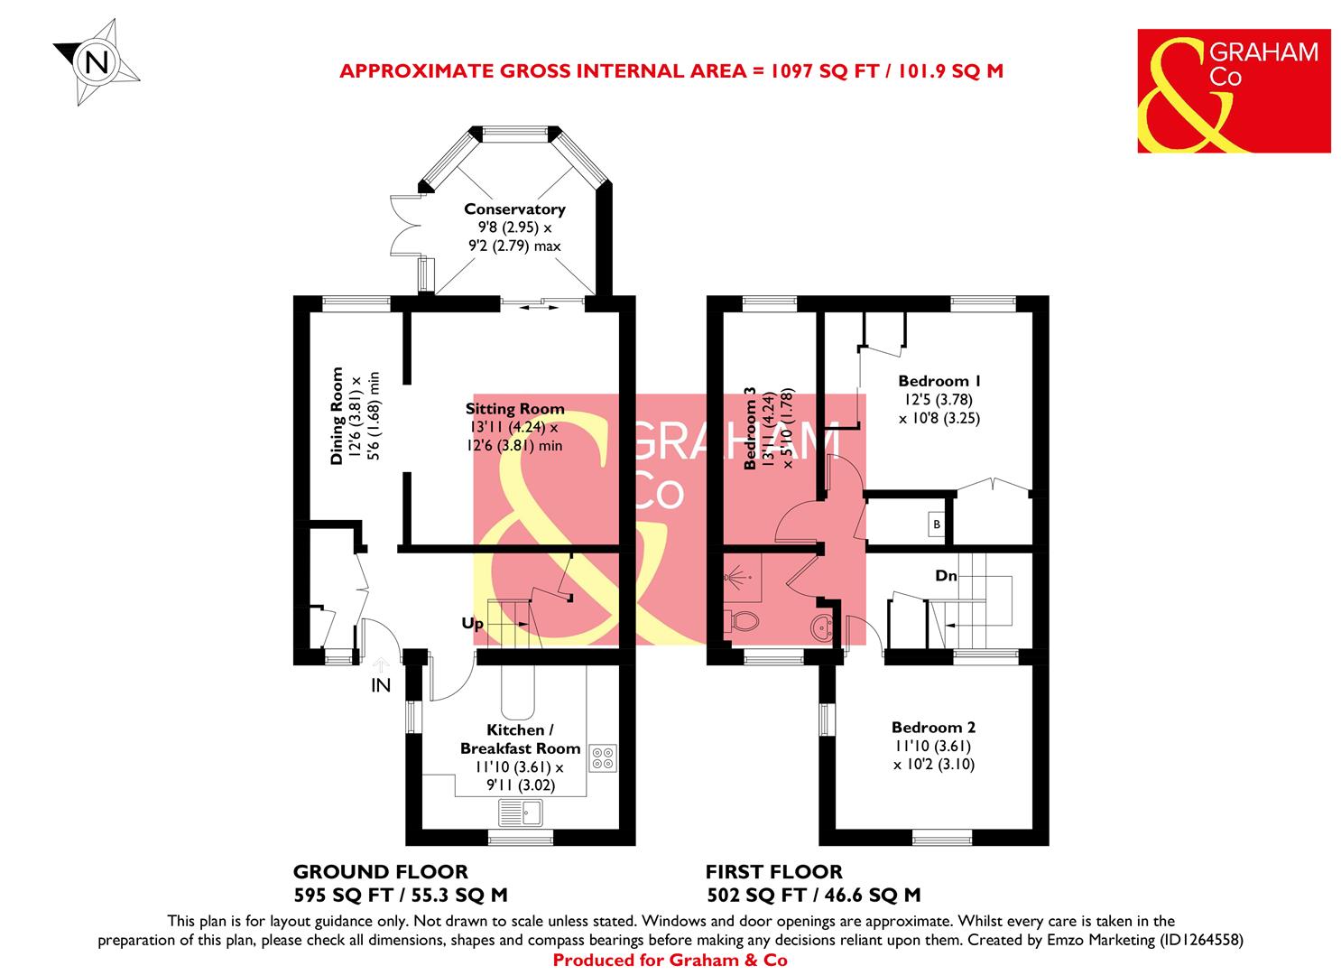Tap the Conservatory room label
(x=514, y=209)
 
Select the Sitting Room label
(x=515, y=409)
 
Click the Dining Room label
(x=337, y=415)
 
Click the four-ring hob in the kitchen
(x=602, y=757)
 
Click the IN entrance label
(x=381, y=686)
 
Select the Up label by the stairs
(x=473, y=624)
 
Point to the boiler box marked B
(x=937, y=525)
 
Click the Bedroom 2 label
(x=933, y=728)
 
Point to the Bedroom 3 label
(x=748, y=429)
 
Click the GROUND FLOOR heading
(x=380, y=872)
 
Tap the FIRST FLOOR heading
(x=773, y=872)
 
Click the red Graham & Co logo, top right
(x=1233, y=90)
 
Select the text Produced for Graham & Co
(x=670, y=961)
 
